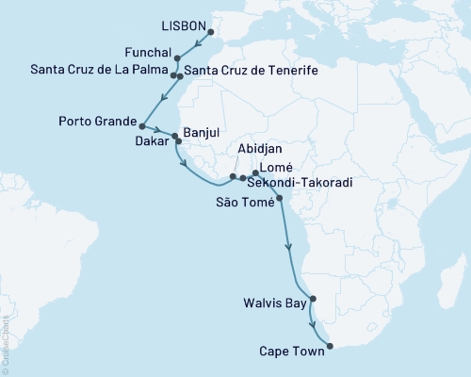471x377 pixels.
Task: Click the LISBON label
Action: pyautogui.click(x=176, y=29)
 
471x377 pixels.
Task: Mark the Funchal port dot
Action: pyautogui.click(x=177, y=58)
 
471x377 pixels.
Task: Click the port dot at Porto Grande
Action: pyautogui.click(x=140, y=125)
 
